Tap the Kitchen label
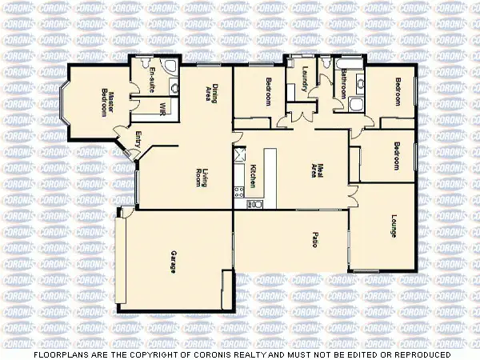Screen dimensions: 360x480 coord(253,176)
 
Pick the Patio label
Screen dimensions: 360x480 coord(314,238)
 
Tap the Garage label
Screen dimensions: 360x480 coord(172,260)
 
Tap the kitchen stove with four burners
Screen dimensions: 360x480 coord(238,190)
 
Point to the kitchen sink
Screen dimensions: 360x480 coord(256,203)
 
